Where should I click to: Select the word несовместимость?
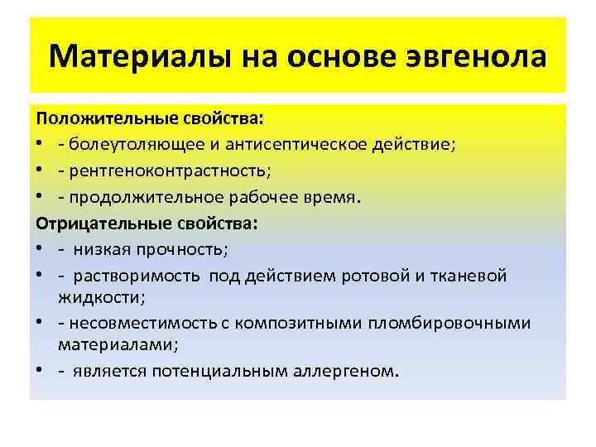coord(140,322)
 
